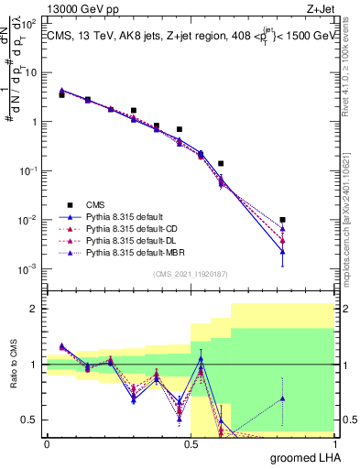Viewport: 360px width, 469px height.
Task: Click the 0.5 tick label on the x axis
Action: click(190, 443)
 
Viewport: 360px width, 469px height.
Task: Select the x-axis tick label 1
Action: click(333, 443)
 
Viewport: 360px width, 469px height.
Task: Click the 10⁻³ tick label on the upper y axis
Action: click(33, 268)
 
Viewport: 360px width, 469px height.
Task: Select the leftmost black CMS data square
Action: click(61, 94)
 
